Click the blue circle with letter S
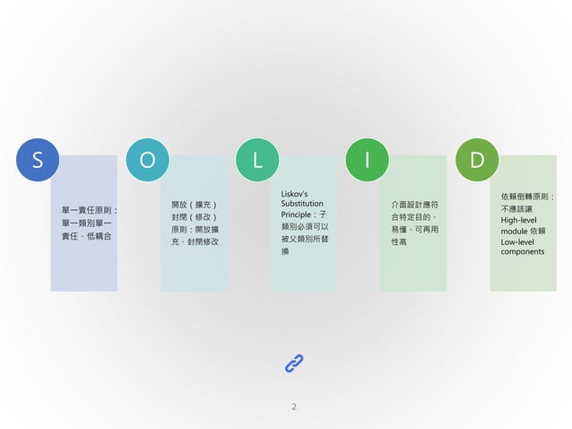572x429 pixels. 37,160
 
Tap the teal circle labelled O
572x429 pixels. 147,160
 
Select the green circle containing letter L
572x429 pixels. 257,160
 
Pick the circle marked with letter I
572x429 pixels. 367,160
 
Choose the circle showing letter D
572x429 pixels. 476,160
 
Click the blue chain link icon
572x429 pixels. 294,363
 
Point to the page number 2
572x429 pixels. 294,407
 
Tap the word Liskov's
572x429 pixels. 295,194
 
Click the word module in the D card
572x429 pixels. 516,231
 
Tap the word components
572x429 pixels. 523,252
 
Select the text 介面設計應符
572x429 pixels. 413,205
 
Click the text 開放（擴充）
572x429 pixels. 194,205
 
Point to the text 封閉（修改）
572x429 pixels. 194,217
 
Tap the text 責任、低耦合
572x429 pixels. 86,235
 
